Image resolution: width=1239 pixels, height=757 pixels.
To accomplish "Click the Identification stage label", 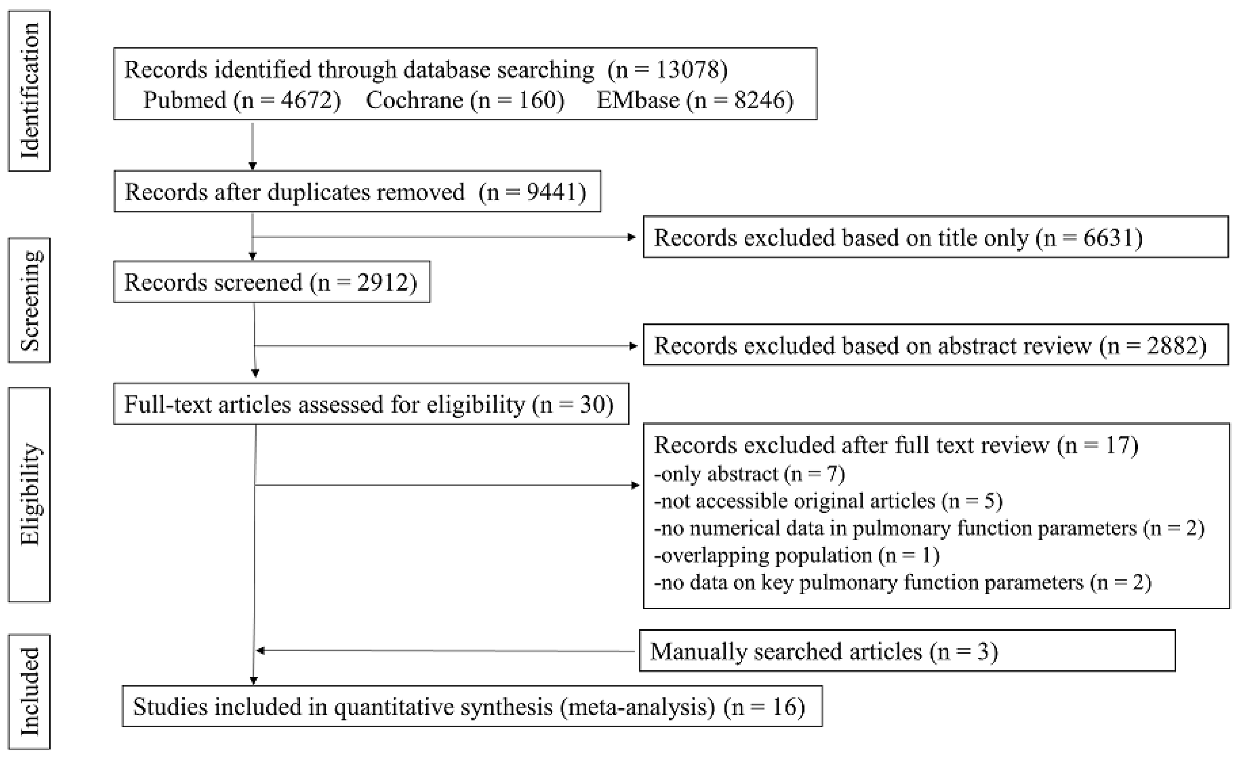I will pos(29,91).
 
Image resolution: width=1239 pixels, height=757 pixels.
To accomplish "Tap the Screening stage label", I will pos(29,300).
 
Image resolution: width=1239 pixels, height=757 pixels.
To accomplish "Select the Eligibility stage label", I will pos(29,495).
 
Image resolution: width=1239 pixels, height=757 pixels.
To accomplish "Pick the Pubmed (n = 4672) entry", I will pos(242,100).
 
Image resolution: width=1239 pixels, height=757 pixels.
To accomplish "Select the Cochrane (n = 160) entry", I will pos(465,100).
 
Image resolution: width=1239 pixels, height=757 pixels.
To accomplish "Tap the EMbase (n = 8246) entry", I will pos(695,100).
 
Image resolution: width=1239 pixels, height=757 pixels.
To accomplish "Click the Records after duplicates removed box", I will pos(357,191).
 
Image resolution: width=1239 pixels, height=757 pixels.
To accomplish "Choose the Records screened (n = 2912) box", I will pos(272,282).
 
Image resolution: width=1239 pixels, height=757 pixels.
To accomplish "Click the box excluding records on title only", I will pos(935,237).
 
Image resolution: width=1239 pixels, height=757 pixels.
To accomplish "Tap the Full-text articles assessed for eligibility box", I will pos(371,404).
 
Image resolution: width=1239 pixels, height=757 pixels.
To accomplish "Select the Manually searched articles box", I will pos(907,651).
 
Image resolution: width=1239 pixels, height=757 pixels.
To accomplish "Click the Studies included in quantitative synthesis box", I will pos(472,706).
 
